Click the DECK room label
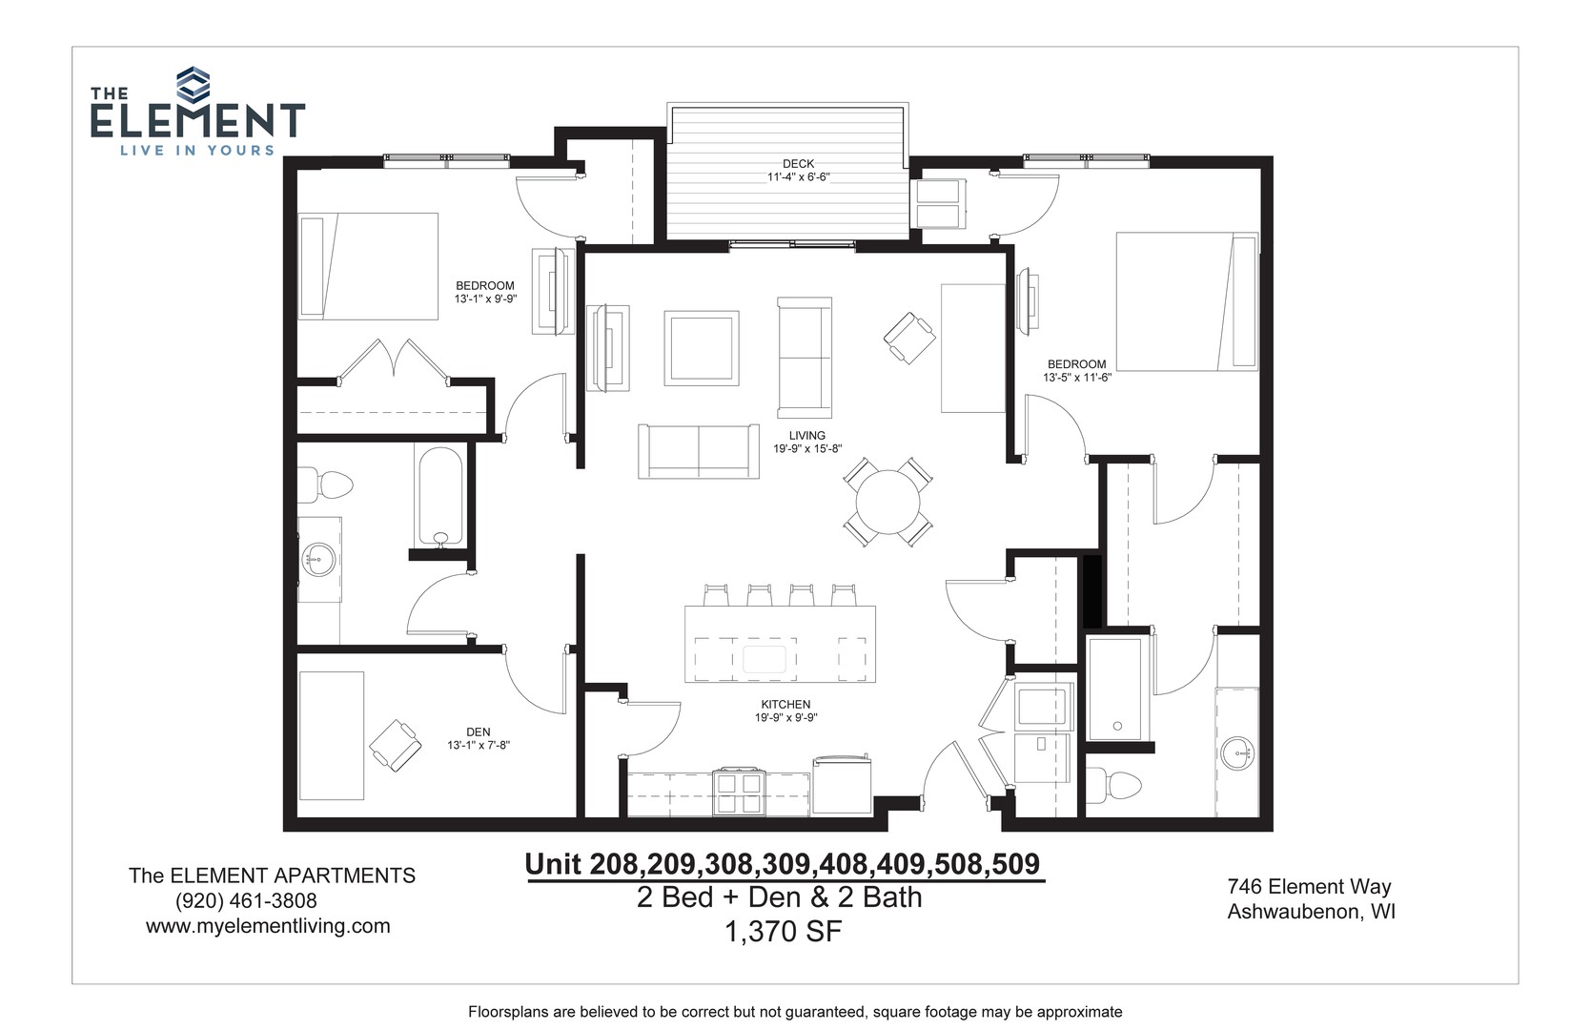pos(798,163)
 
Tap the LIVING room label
pos(806,435)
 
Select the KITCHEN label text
pos(785,705)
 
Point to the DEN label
pos(478,732)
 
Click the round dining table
pos(887,502)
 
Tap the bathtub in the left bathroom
pos(440,497)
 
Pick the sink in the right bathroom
pos(1237,752)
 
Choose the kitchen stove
pos(739,792)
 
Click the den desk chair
pos(396,745)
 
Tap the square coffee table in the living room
pos(701,348)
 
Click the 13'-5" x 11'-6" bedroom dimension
pos(1077,379)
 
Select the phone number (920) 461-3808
pos(246,900)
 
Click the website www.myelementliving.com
pos(268,926)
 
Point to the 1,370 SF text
pos(783,931)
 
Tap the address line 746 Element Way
pos(1309,886)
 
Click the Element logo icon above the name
pos(193,84)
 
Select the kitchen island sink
pos(765,659)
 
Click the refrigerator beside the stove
pos(842,785)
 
